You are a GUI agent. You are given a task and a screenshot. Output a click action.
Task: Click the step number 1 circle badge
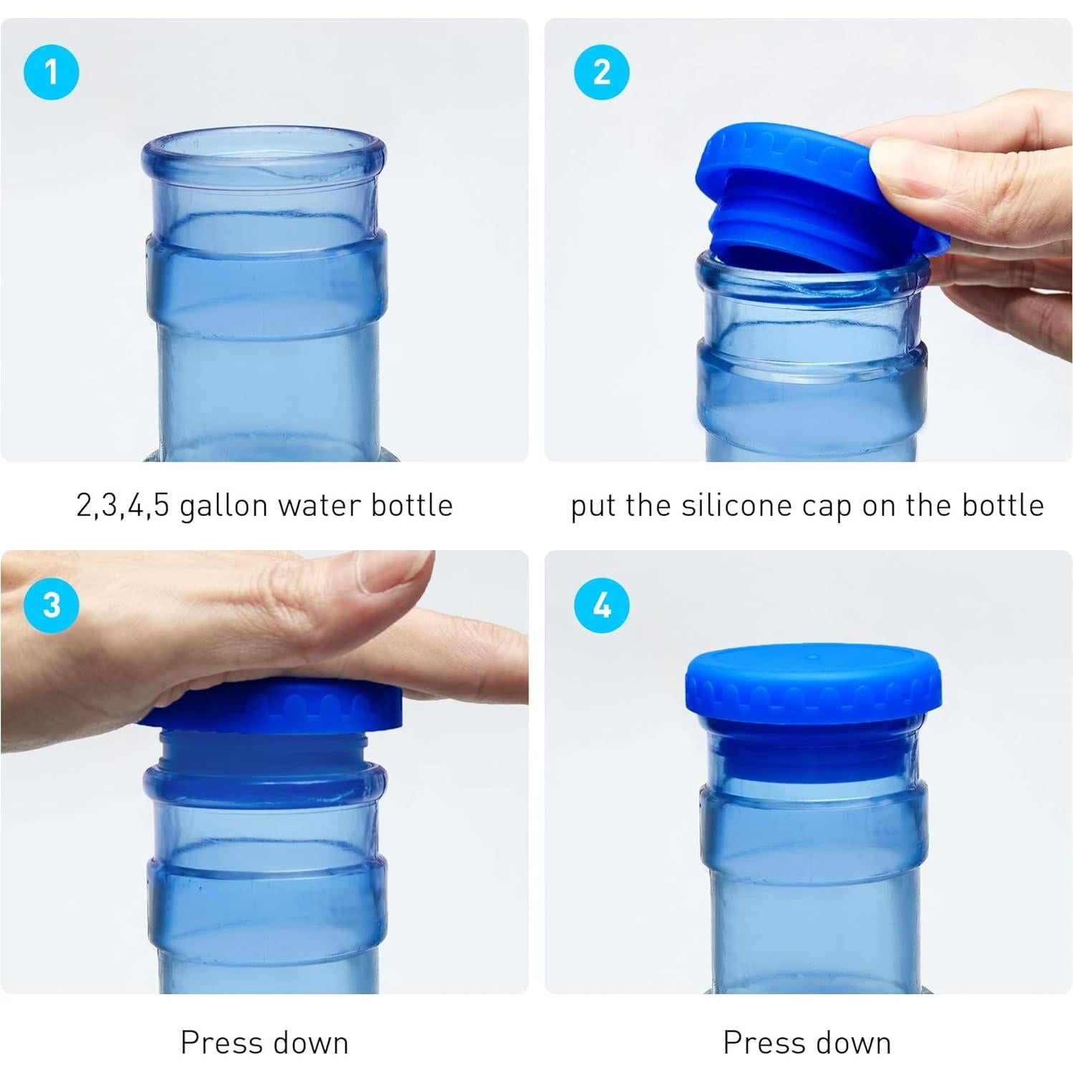pos(51,72)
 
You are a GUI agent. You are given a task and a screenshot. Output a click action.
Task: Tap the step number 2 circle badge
pos(602,72)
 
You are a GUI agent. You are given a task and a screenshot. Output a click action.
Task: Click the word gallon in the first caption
pos(223,506)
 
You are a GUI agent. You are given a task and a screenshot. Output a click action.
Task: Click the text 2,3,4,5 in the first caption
pos(122,506)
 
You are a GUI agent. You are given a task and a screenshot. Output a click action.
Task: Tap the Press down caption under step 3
pos(264,1042)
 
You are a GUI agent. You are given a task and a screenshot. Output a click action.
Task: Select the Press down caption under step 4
pos(807,1042)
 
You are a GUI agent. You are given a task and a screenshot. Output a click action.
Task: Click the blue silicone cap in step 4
pos(813,680)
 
